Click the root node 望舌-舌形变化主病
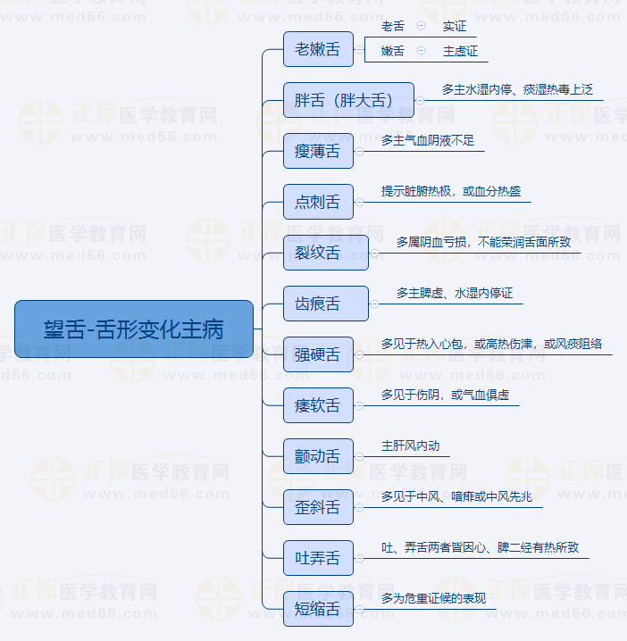[x=134, y=329]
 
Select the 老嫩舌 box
[x=318, y=49]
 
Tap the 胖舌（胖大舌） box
[x=348, y=100]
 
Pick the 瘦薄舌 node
[x=318, y=151]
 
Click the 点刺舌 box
[x=318, y=202]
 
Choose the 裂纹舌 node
[x=326, y=253]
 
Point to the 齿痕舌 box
[x=326, y=304]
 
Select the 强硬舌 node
[x=318, y=354]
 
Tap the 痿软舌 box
[x=318, y=405]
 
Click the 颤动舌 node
[x=318, y=456]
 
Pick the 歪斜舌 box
[x=318, y=507]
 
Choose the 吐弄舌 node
[x=318, y=558]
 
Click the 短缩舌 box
[x=318, y=609]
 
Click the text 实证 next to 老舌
[x=455, y=26]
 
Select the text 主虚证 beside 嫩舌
[x=460, y=51]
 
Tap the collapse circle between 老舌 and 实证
[x=421, y=26]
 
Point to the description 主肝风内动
[x=410, y=445]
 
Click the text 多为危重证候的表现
[x=433, y=598]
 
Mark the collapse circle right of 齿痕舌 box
[x=374, y=304]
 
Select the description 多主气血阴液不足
[x=428, y=141]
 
